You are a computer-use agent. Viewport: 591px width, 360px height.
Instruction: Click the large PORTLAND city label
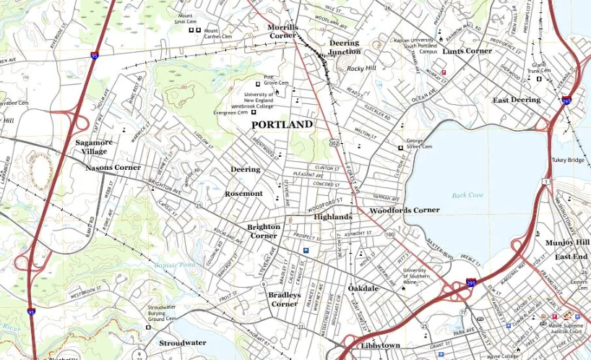(x=282, y=124)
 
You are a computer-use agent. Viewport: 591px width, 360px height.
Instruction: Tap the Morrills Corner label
(x=282, y=31)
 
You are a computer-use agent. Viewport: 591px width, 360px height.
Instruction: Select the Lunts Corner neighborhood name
(x=467, y=51)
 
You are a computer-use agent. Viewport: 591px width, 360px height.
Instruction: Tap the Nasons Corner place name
(x=113, y=168)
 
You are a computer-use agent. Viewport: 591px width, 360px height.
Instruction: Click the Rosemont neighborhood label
(x=243, y=194)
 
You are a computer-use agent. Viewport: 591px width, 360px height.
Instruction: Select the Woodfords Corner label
(x=404, y=210)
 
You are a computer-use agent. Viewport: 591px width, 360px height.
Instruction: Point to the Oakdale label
(x=363, y=288)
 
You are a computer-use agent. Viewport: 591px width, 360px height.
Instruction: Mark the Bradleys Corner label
(x=283, y=299)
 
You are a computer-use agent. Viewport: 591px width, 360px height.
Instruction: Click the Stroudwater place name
(x=182, y=343)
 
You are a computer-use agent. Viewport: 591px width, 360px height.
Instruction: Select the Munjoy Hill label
(x=568, y=242)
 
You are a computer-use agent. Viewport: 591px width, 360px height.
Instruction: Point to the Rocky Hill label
(x=361, y=69)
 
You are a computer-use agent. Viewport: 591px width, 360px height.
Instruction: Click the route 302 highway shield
(x=334, y=144)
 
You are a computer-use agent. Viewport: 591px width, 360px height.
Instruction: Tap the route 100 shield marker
(x=389, y=235)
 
